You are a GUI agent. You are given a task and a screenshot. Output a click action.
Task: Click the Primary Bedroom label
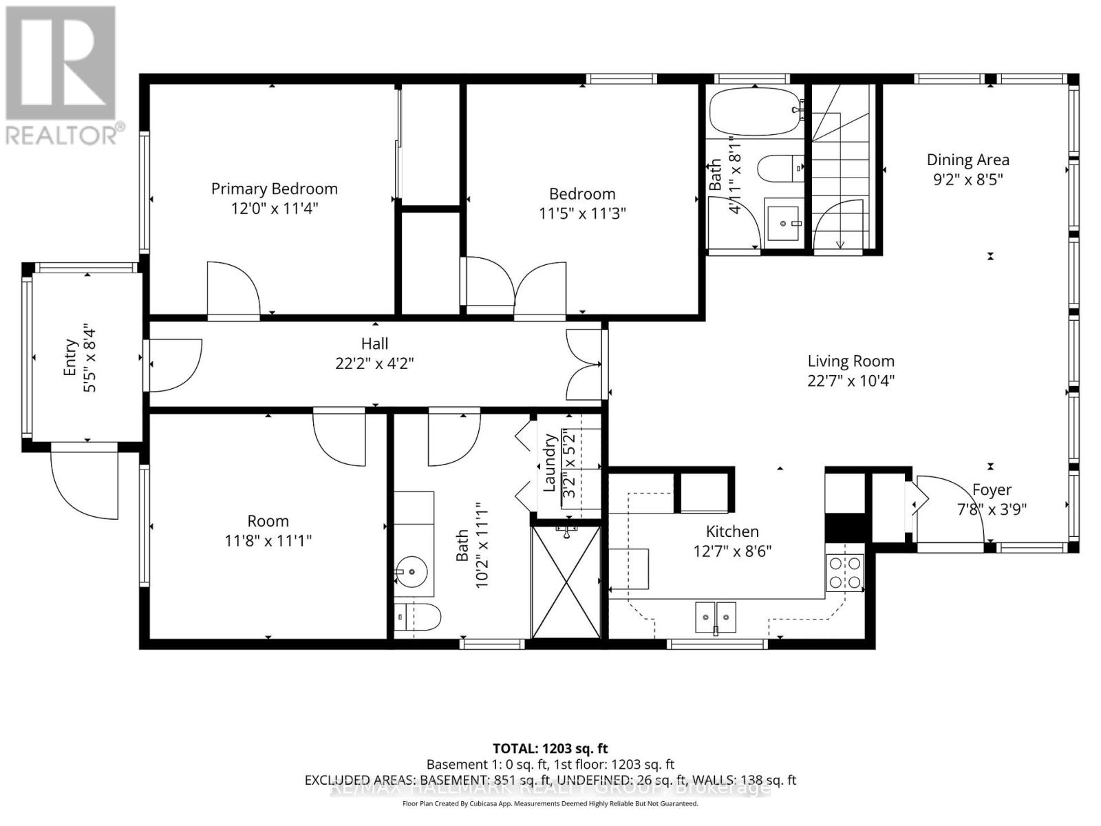point(274,189)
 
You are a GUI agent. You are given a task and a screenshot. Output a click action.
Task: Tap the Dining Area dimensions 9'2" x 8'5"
point(968,180)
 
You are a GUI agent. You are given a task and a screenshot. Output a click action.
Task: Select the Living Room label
point(851,361)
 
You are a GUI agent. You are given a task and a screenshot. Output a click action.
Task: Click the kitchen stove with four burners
point(844,572)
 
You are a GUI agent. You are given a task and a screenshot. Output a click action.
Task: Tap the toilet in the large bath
point(418,617)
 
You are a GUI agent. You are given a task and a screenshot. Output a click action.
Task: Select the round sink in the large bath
point(411,571)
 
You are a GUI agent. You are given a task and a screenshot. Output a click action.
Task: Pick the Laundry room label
point(549,463)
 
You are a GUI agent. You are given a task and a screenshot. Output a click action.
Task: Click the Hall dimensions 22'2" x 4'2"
point(374,363)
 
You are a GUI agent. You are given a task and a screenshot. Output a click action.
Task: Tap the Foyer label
point(992,490)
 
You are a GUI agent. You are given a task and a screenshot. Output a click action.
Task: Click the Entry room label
point(70,358)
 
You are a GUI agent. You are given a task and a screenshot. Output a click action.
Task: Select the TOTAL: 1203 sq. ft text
point(550,748)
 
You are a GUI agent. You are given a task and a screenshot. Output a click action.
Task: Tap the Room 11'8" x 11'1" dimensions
point(268,541)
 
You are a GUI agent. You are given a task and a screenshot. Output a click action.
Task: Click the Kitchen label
point(732,531)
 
